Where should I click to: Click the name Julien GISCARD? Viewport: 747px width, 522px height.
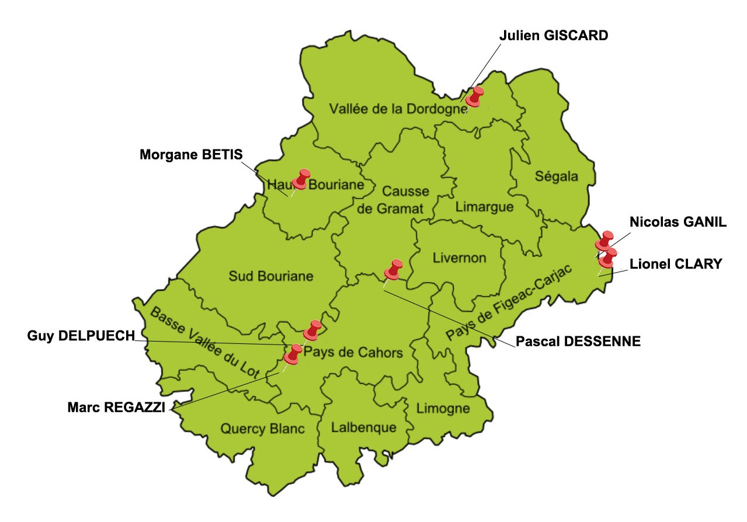point(554,36)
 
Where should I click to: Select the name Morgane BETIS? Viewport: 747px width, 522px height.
point(190,155)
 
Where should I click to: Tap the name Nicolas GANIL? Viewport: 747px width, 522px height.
point(678,222)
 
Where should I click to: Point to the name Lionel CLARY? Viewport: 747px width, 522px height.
point(676,264)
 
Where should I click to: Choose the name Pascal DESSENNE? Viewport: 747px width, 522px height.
point(578,342)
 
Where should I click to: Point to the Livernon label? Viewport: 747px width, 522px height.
point(459,258)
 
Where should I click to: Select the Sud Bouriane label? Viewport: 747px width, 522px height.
point(271,276)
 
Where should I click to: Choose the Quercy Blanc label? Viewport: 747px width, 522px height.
point(262,429)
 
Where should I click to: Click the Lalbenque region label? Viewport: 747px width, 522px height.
point(363,427)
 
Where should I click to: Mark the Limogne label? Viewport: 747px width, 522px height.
point(443,408)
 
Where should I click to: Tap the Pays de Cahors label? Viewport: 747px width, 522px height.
point(354,353)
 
